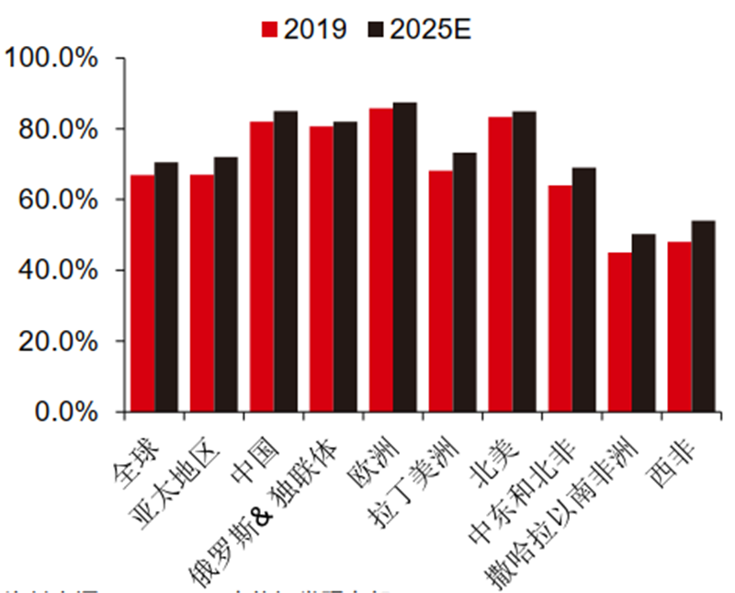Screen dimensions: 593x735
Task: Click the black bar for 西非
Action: coord(704,316)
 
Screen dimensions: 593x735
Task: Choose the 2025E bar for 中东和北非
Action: coord(584,290)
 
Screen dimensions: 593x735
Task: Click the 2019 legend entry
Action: coord(303,29)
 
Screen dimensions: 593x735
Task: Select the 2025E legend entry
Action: coord(418,29)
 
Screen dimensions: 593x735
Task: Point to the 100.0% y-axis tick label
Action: coord(51,58)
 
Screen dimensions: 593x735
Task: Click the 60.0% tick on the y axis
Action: coord(57,200)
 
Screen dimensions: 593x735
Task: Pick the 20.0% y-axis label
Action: coord(57,341)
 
